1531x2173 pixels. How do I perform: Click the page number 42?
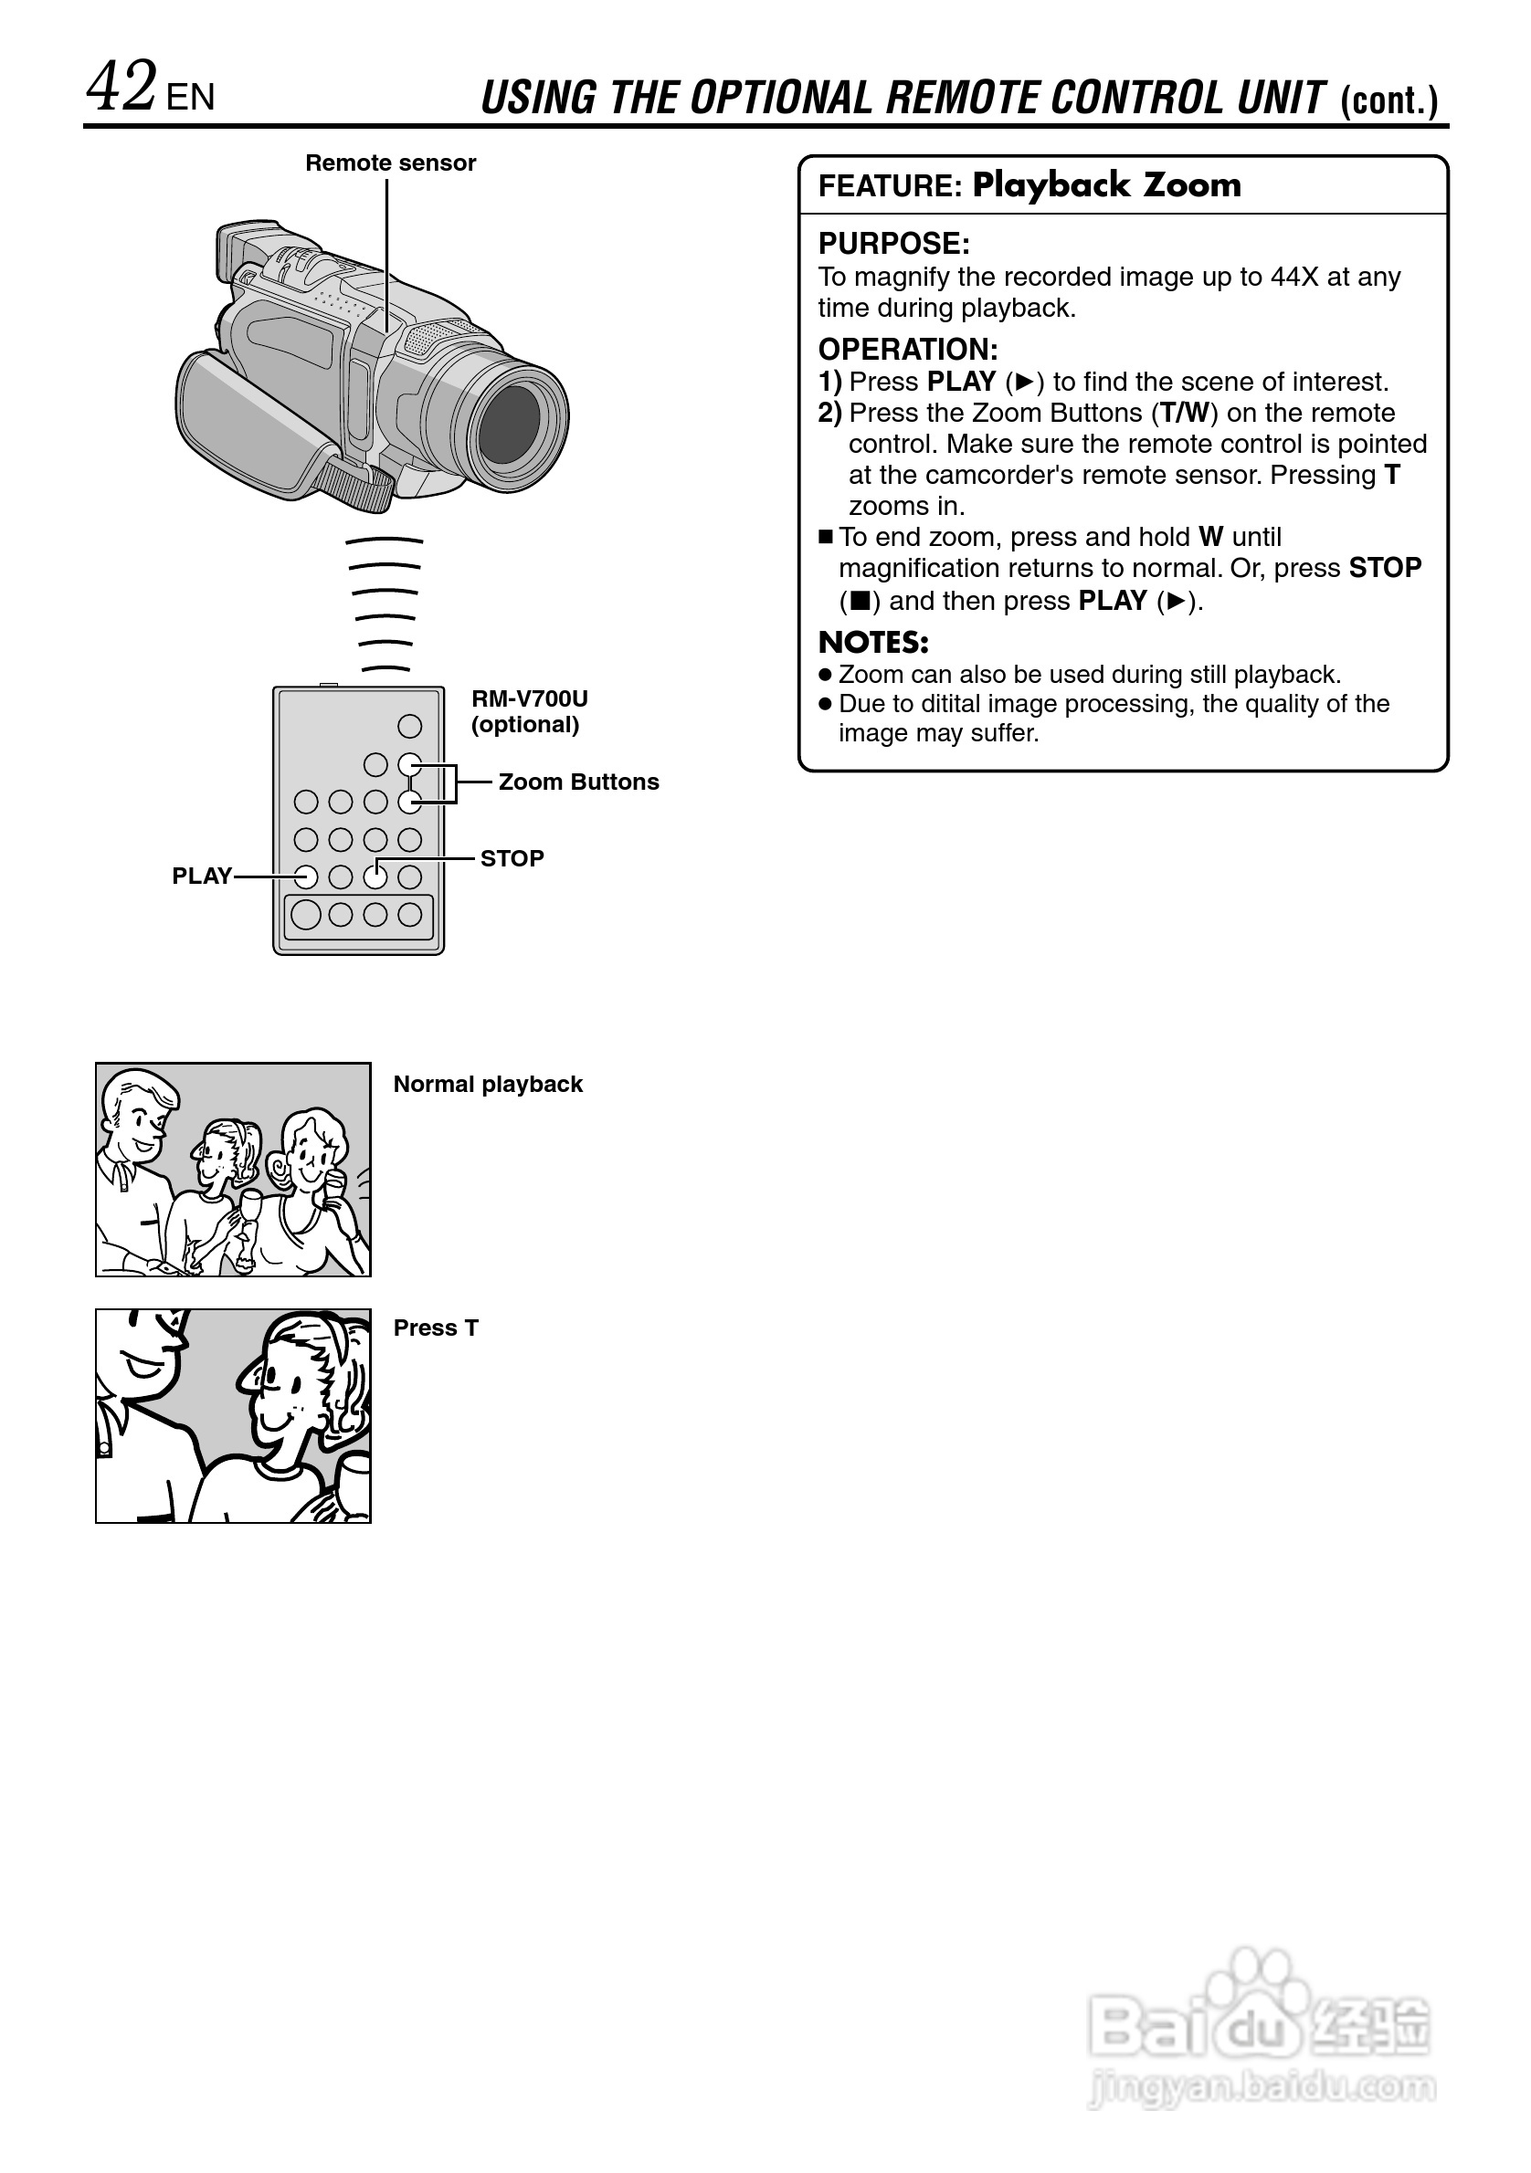point(121,87)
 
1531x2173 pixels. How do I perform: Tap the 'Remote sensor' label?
point(390,163)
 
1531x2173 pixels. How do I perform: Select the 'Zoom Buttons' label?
point(578,782)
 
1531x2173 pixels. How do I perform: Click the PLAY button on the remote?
point(306,877)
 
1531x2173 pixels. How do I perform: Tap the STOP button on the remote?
point(375,877)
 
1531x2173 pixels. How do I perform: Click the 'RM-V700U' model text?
point(529,698)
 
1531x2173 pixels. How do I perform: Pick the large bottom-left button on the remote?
point(306,914)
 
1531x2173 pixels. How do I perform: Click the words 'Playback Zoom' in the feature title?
point(1106,184)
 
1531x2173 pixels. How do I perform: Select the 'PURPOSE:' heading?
point(893,243)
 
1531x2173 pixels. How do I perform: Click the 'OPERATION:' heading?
point(908,349)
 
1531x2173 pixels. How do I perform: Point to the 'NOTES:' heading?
point(873,643)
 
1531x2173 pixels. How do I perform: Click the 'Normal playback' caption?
point(488,1084)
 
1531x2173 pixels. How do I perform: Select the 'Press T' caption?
point(436,1328)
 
